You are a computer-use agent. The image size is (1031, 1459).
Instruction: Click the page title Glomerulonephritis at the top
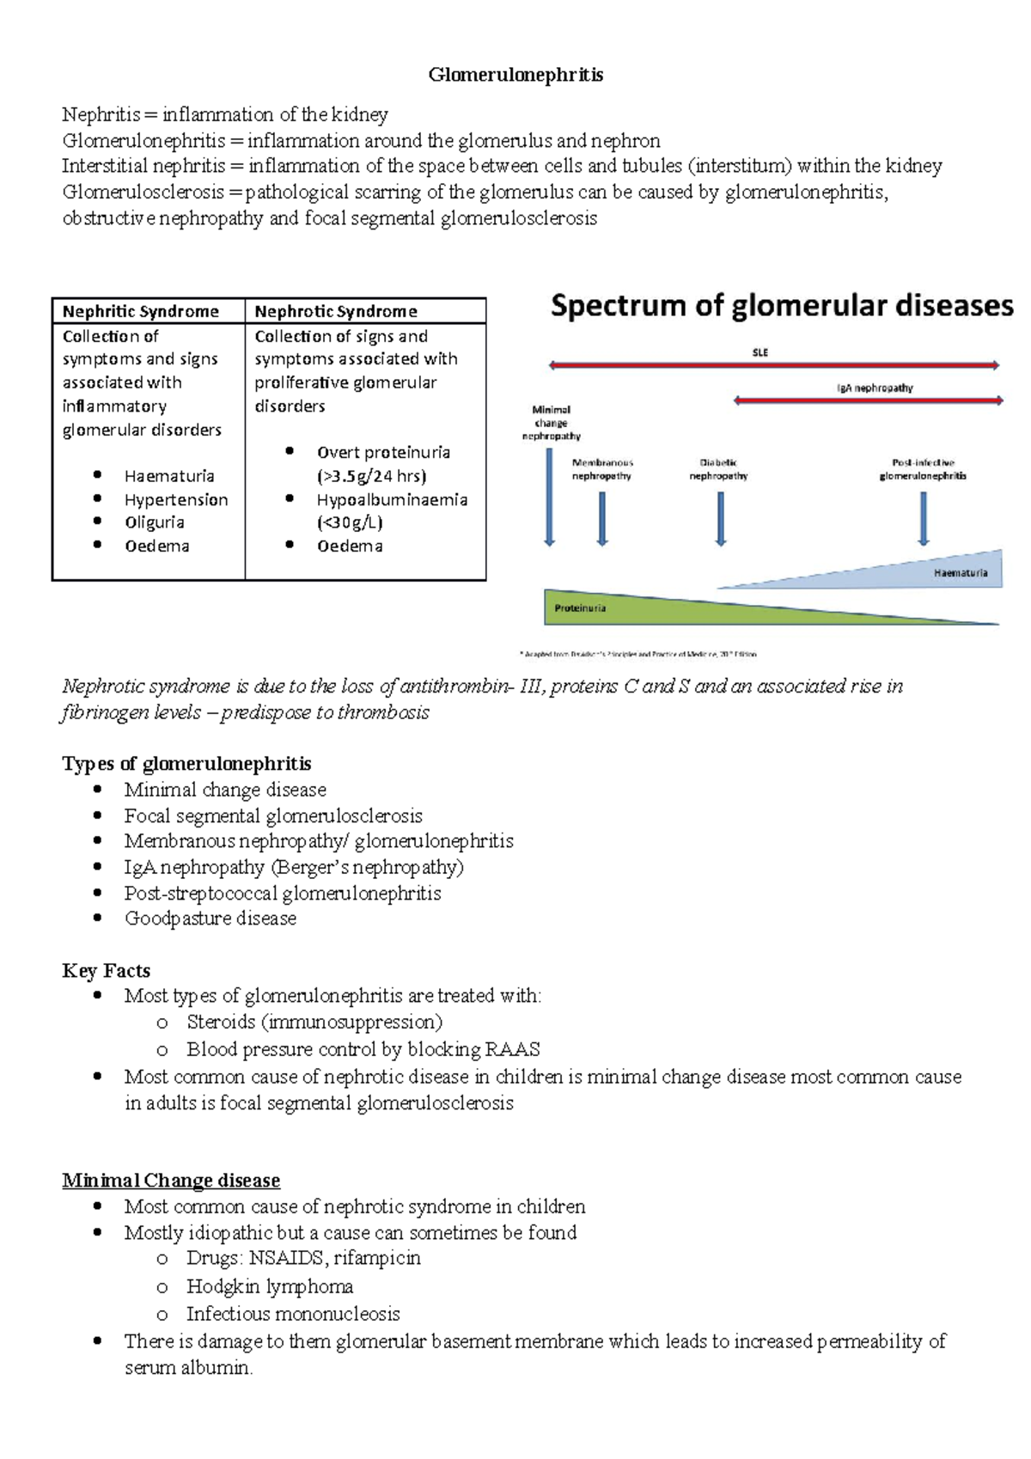pyautogui.click(x=515, y=76)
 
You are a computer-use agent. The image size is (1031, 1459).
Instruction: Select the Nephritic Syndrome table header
pyautogui.click(x=141, y=311)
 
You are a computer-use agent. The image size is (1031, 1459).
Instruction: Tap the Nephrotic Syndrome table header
pyautogui.click(x=336, y=311)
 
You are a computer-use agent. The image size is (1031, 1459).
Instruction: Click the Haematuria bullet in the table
pyautogui.click(x=169, y=476)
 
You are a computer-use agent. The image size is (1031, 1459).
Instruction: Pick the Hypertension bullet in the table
pyautogui.click(x=176, y=499)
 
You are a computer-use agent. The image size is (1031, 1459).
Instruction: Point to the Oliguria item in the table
pyautogui.click(x=155, y=522)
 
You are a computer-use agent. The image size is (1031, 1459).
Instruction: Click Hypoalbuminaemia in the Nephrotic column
pyautogui.click(x=392, y=499)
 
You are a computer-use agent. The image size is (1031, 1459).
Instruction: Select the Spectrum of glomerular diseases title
pyautogui.click(x=782, y=306)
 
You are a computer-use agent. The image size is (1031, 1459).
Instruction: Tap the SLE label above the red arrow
pyautogui.click(x=760, y=352)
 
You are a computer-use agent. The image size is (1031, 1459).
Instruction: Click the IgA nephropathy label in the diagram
pyautogui.click(x=875, y=388)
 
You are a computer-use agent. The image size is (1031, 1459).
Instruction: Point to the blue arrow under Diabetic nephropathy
pyautogui.click(x=721, y=518)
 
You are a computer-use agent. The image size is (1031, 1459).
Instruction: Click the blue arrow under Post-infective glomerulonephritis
pyautogui.click(x=924, y=518)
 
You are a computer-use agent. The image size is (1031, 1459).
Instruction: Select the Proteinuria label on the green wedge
pyautogui.click(x=580, y=608)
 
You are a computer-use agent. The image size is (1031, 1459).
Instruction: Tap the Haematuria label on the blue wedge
pyautogui.click(x=961, y=572)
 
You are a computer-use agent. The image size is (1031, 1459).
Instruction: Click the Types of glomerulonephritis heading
pyautogui.click(x=186, y=764)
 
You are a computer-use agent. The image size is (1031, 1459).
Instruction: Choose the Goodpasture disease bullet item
pyautogui.click(x=210, y=919)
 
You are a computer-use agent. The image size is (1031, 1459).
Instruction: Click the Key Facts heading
pyautogui.click(x=107, y=971)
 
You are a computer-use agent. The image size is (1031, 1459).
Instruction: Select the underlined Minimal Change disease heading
pyautogui.click(x=171, y=1181)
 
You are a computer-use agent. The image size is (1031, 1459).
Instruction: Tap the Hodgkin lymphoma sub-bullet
pyautogui.click(x=270, y=1286)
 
